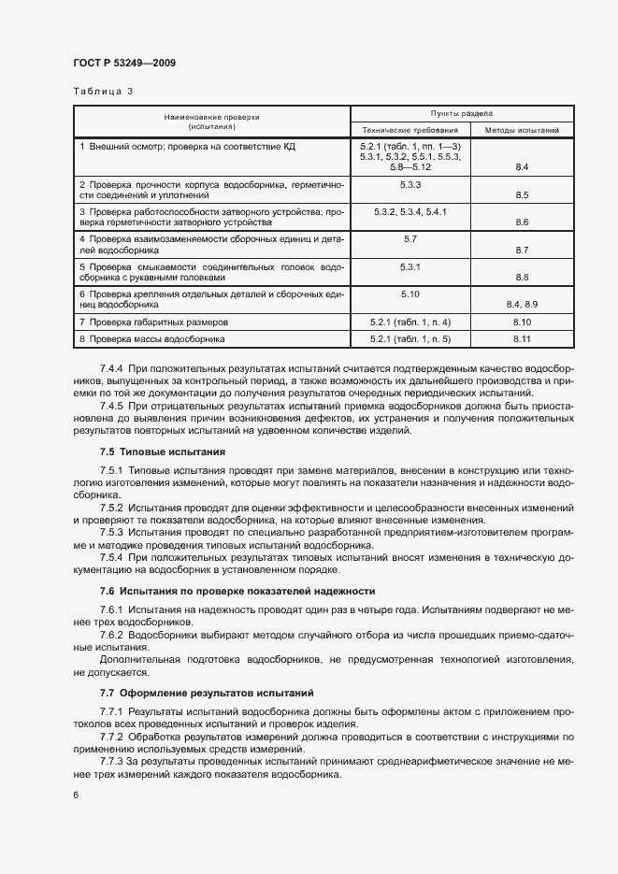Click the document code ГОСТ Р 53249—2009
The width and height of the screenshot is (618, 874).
coord(123,63)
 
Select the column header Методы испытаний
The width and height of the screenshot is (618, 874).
coord(522,130)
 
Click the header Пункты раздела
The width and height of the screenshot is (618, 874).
coord(462,112)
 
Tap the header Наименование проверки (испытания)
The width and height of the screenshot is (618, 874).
coord(211,122)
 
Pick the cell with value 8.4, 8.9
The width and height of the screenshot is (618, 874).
coord(522,305)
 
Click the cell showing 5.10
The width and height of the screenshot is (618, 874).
coord(410,294)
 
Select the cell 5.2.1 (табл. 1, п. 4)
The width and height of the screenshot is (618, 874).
coord(410,322)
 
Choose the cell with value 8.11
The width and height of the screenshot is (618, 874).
coord(522,338)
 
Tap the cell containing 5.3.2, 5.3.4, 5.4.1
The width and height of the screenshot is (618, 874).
coord(410,212)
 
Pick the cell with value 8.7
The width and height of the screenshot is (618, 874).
coord(522,250)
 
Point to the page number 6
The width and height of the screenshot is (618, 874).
coord(76,795)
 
